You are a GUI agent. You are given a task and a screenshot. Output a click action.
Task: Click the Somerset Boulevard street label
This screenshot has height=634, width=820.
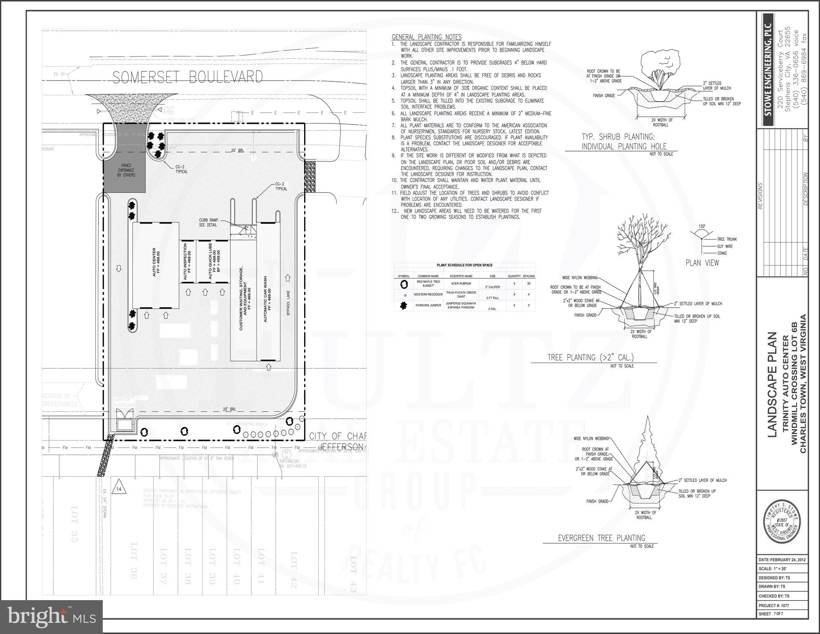(x=187, y=77)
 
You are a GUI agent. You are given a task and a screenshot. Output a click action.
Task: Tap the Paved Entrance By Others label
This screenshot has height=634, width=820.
(x=126, y=170)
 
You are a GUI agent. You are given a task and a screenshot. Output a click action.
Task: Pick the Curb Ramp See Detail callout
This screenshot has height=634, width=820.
(x=208, y=222)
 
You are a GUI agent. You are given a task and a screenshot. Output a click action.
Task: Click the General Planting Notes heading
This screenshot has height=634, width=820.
(x=426, y=37)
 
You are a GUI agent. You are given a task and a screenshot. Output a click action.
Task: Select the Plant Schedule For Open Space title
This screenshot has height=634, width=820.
(x=464, y=265)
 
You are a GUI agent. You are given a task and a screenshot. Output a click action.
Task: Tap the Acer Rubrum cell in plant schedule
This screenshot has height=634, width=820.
(x=461, y=284)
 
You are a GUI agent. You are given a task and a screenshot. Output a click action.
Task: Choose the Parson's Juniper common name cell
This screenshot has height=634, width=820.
(x=428, y=306)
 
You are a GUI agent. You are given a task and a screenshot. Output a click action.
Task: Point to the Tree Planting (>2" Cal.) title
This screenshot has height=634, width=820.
(x=590, y=357)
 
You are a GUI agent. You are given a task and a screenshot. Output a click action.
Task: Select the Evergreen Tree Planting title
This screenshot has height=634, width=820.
(x=601, y=538)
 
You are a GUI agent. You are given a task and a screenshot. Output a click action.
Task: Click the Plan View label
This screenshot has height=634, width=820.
(x=702, y=263)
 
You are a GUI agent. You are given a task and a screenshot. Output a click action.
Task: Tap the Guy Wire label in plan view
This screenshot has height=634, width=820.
(x=725, y=247)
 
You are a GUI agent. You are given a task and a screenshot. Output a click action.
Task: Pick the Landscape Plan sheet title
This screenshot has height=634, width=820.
(x=772, y=385)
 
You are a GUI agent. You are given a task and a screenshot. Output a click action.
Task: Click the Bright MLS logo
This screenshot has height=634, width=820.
(x=51, y=617)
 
